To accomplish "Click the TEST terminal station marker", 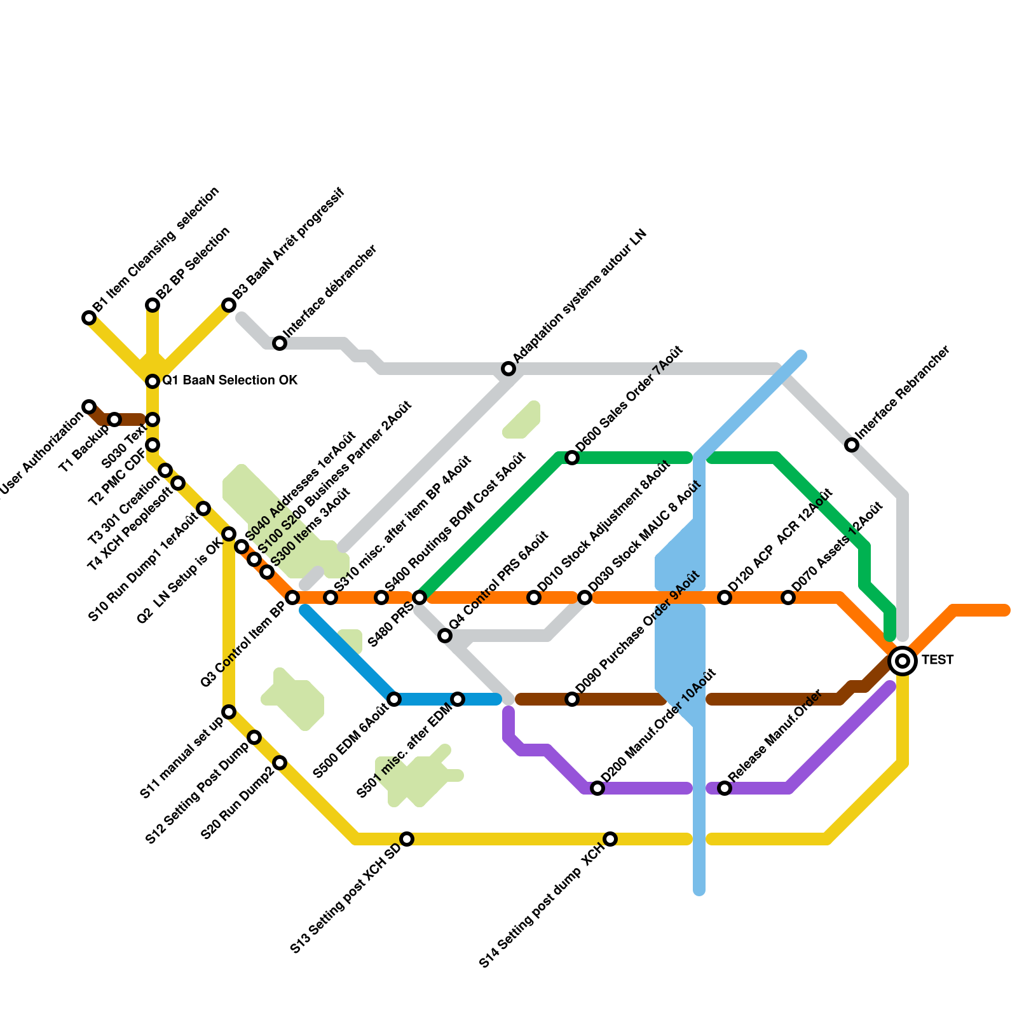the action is (x=903, y=661).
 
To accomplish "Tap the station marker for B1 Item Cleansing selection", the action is (x=89, y=318).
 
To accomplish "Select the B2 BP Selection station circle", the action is (x=153, y=305).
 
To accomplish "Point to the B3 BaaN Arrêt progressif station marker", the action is (x=229, y=305).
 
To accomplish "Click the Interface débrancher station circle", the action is (x=280, y=343).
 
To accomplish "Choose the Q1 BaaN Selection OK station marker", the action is (x=153, y=381).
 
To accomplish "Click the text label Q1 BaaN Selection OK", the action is (x=229, y=381).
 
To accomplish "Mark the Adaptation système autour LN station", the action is (x=508, y=369).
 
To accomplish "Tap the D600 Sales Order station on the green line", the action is (x=572, y=458).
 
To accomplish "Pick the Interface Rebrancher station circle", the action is (x=852, y=445).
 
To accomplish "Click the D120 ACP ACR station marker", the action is (x=725, y=597).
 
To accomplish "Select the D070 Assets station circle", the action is (x=788, y=597).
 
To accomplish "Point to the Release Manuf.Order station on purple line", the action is (x=725, y=788).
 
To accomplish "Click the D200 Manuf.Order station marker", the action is (x=597, y=788).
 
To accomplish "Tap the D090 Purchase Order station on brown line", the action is (x=572, y=699).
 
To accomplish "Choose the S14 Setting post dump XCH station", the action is (x=610, y=839).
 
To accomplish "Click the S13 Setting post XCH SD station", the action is (x=407, y=839).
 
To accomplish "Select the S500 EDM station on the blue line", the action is (x=394, y=699).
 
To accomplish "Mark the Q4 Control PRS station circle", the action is (x=445, y=636).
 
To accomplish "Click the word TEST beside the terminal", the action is (x=938, y=660).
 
